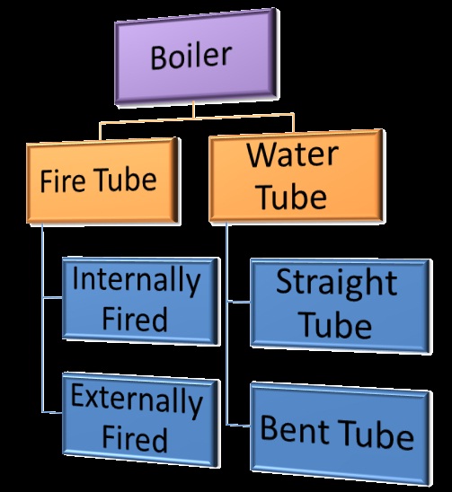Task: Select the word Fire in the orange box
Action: (62, 180)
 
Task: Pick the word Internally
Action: (136, 280)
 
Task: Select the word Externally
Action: (136, 401)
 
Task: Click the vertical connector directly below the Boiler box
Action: (194, 112)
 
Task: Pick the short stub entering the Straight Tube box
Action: (238, 303)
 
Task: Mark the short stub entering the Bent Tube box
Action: (238, 425)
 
